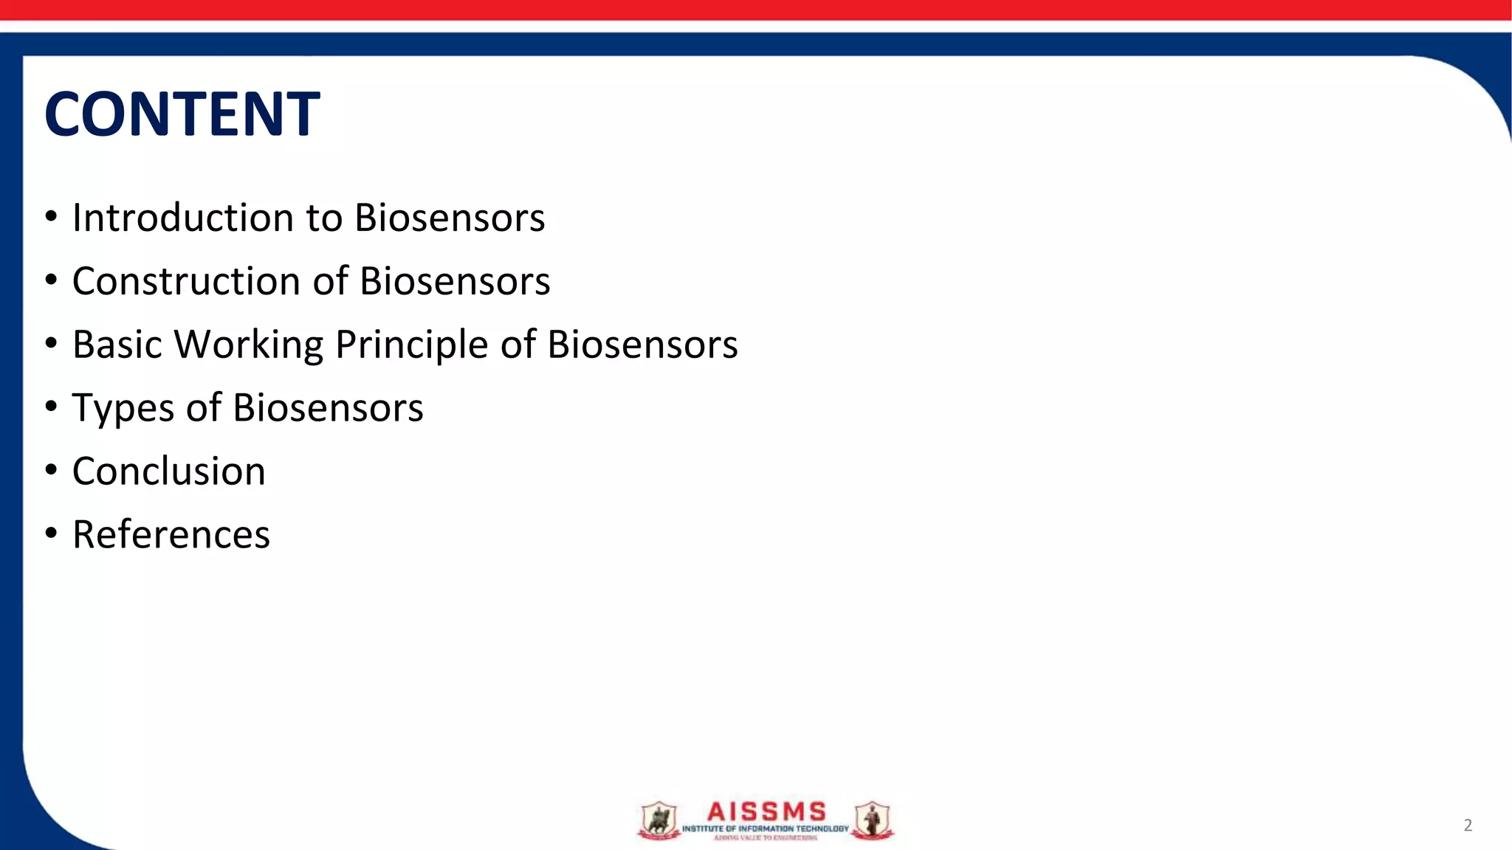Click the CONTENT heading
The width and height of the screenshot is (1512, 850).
[x=182, y=114]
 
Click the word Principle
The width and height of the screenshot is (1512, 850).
[x=412, y=345]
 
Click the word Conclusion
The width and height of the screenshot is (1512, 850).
[x=168, y=471]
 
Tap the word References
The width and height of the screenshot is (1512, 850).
[x=171, y=535]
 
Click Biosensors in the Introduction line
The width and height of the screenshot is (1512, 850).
[x=449, y=218]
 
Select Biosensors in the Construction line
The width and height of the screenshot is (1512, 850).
[x=454, y=281]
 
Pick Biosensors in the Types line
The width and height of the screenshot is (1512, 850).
[x=328, y=408]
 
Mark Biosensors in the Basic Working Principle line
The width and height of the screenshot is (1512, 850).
[x=642, y=345]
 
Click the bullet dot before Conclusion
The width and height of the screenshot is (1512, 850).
[x=50, y=470]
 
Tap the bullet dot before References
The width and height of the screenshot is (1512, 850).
[x=50, y=533]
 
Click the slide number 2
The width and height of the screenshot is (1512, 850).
[x=1468, y=825]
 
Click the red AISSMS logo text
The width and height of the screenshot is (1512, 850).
[x=766, y=812]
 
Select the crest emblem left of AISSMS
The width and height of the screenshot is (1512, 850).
[x=658, y=820]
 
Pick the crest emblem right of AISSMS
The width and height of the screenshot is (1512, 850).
[x=872, y=820]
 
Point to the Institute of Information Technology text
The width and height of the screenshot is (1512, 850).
[x=765, y=829]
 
